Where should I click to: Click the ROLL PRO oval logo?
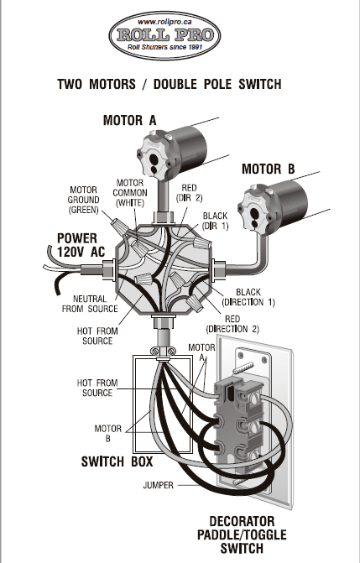[x=164, y=35]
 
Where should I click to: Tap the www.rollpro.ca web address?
[x=164, y=22]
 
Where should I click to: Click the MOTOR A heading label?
[x=130, y=120]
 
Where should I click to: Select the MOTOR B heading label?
[x=268, y=169]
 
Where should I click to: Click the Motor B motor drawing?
[x=273, y=206]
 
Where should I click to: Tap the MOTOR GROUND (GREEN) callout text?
[x=83, y=200]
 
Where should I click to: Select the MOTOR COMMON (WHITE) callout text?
[x=130, y=193]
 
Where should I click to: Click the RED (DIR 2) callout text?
[x=189, y=193]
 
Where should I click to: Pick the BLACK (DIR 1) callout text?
[x=215, y=221]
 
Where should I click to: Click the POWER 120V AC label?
[x=81, y=245]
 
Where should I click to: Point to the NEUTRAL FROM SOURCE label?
[x=90, y=304]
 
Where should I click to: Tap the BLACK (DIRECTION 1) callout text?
[x=248, y=297]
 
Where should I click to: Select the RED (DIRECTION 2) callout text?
[x=232, y=324]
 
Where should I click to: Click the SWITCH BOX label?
[x=117, y=461]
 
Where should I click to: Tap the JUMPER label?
[x=158, y=486]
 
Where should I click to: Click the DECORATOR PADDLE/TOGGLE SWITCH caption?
[x=242, y=535]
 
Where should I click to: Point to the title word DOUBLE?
[x=175, y=85]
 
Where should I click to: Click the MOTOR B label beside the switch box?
[x=107, y=434]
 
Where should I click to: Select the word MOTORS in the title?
[x=112, y=85]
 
